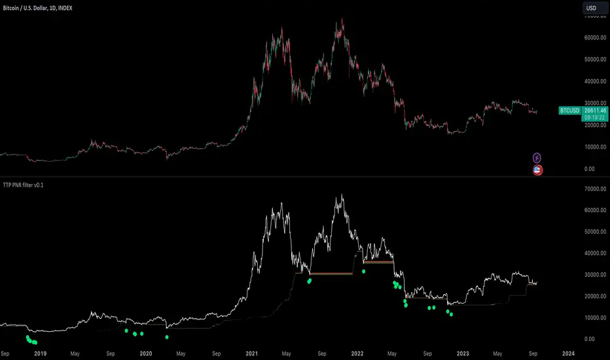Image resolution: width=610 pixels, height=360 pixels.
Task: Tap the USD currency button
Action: [x=594, y=8]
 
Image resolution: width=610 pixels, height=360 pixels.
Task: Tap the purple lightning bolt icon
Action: [x=537, y=158]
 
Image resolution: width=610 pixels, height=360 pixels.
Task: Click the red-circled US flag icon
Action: [x=537, y=170]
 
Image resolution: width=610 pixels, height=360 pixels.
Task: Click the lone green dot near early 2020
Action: [x=167, y=337]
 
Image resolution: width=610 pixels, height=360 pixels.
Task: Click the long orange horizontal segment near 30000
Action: [x=331, y=273]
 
